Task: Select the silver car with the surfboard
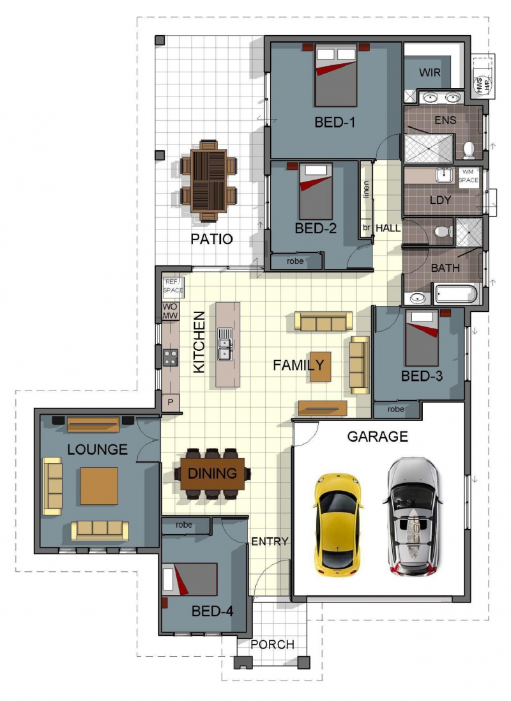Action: tap(414, 514)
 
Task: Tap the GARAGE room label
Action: tap(377, 436)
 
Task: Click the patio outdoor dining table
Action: tap(208, 180)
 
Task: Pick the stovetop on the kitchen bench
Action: tap(170, 357)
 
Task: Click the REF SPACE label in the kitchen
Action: tap(173, 286)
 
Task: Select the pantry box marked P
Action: tap(170, 403)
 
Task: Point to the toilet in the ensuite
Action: tap(469, 149)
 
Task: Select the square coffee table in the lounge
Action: tap(99, 486)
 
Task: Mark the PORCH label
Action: tap(273, 644)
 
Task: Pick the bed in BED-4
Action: tap(190, 579)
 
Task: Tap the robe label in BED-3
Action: tap(396, 409)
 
